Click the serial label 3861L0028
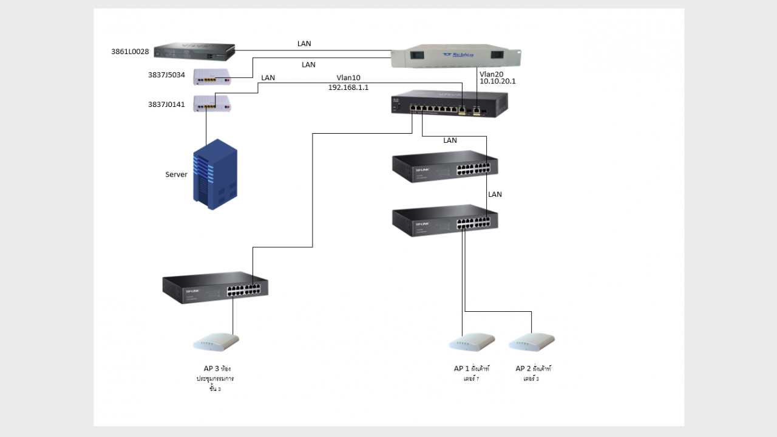click(x=130, y=52)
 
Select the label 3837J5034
click(x=166, y=75)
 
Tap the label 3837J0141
click(x=166, y=104)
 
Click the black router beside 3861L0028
click(x=194, y=52)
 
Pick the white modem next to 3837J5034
click(x=212, y=77)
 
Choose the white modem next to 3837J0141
click(x=212, y=104)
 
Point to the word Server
click(x=176, y=174)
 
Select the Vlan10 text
click(x=348, y=78)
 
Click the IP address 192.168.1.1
click(x=348, y=87)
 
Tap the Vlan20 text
click(x=491, y=73)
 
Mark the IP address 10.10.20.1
click(x=497, y=81)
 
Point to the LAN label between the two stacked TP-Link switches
click(x=495, y=194)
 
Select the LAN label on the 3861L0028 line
click(x=304, y=44)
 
